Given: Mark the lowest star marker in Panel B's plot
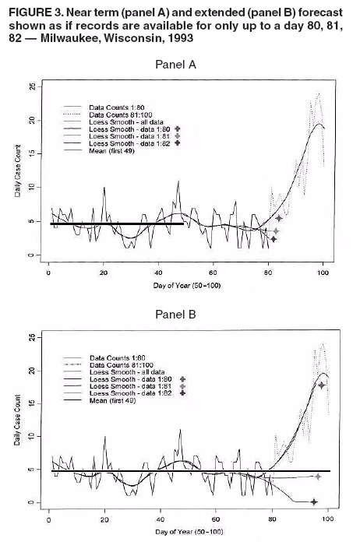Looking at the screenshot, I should (x=314, y=501).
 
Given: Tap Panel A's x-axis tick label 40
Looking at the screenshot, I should (x=159, y=272).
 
